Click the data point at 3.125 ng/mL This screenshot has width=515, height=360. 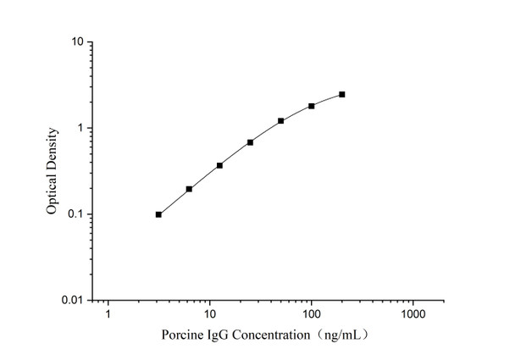click(x=158, y=214)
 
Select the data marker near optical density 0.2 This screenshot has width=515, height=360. click(x=189, y=189)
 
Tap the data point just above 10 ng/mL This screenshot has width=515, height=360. click(x=219, y=165)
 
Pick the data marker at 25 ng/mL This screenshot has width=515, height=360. click(x=250, y=142)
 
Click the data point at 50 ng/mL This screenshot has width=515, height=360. click(x=280, y=121)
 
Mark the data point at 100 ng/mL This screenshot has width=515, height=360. click(x=312, y=106)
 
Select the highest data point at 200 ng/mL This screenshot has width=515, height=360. click(x=342, y=94)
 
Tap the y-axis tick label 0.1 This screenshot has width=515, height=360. click(x=75, y=214)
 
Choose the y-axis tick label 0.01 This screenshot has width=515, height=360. click(x=73, y=301)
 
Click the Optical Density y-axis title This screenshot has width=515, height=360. click(x=53, y=169)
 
